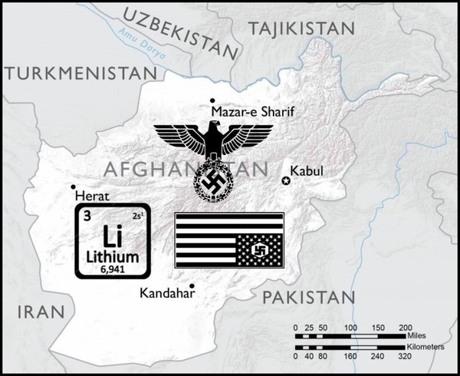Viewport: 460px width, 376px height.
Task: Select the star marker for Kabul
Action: click(286, 180)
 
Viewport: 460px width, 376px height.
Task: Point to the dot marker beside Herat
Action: click(73, 186)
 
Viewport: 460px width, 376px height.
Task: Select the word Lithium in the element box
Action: click(114, 256)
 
